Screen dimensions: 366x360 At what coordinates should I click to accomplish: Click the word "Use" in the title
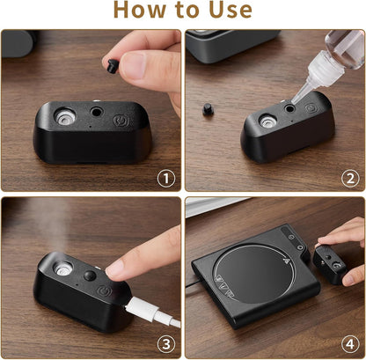click(x=231, y=10)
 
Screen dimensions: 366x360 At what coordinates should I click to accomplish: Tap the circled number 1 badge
click(x=166, y=179)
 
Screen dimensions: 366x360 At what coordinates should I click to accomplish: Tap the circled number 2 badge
click(x=350, y=179)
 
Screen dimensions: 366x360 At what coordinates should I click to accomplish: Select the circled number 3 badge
click(x=166, y=344)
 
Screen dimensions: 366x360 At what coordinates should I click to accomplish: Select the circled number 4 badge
click(x=350, y=344)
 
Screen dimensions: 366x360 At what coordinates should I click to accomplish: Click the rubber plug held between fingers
click(x=112, y=66)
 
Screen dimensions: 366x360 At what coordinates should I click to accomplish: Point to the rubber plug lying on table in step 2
click(x=208, y=109)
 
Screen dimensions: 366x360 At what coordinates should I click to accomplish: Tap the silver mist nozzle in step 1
click(x=65, y=116)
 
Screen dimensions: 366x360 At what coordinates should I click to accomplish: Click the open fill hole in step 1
click(x=97, y=112)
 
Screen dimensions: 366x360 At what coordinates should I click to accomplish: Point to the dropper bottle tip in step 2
click(x=293, y=101)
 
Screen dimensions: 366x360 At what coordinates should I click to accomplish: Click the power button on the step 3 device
click(x=104, y=291)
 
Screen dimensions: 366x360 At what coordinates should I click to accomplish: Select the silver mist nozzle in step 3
click(x=62, y=268)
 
